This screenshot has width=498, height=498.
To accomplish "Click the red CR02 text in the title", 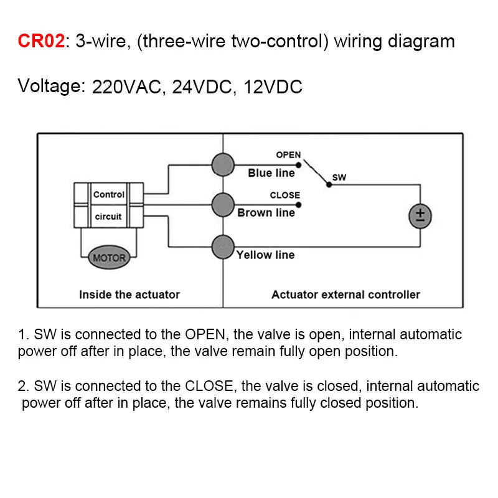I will (41, 42).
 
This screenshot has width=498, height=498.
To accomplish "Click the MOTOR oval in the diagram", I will (109, 257).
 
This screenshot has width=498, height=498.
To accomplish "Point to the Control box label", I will (109, 194).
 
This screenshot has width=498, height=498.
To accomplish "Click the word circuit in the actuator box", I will (108, 217).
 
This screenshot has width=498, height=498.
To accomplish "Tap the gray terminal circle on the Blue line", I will (223, 165).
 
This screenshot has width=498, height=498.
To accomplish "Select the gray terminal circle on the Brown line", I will (223, 204).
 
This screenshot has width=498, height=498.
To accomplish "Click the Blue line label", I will (271, 173).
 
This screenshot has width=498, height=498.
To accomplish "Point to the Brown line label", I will (266, 213).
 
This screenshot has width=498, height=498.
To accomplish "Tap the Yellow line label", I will (266, 255).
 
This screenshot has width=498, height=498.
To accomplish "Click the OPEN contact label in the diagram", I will (288, 155).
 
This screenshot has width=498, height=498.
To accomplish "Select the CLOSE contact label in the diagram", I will (284, 195).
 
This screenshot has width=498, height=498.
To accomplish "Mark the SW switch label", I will (339, 177).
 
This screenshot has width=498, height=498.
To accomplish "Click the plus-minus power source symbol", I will (420, 216).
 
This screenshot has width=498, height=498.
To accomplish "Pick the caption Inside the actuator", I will (129, 294).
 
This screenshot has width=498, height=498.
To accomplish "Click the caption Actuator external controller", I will (345, 294).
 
